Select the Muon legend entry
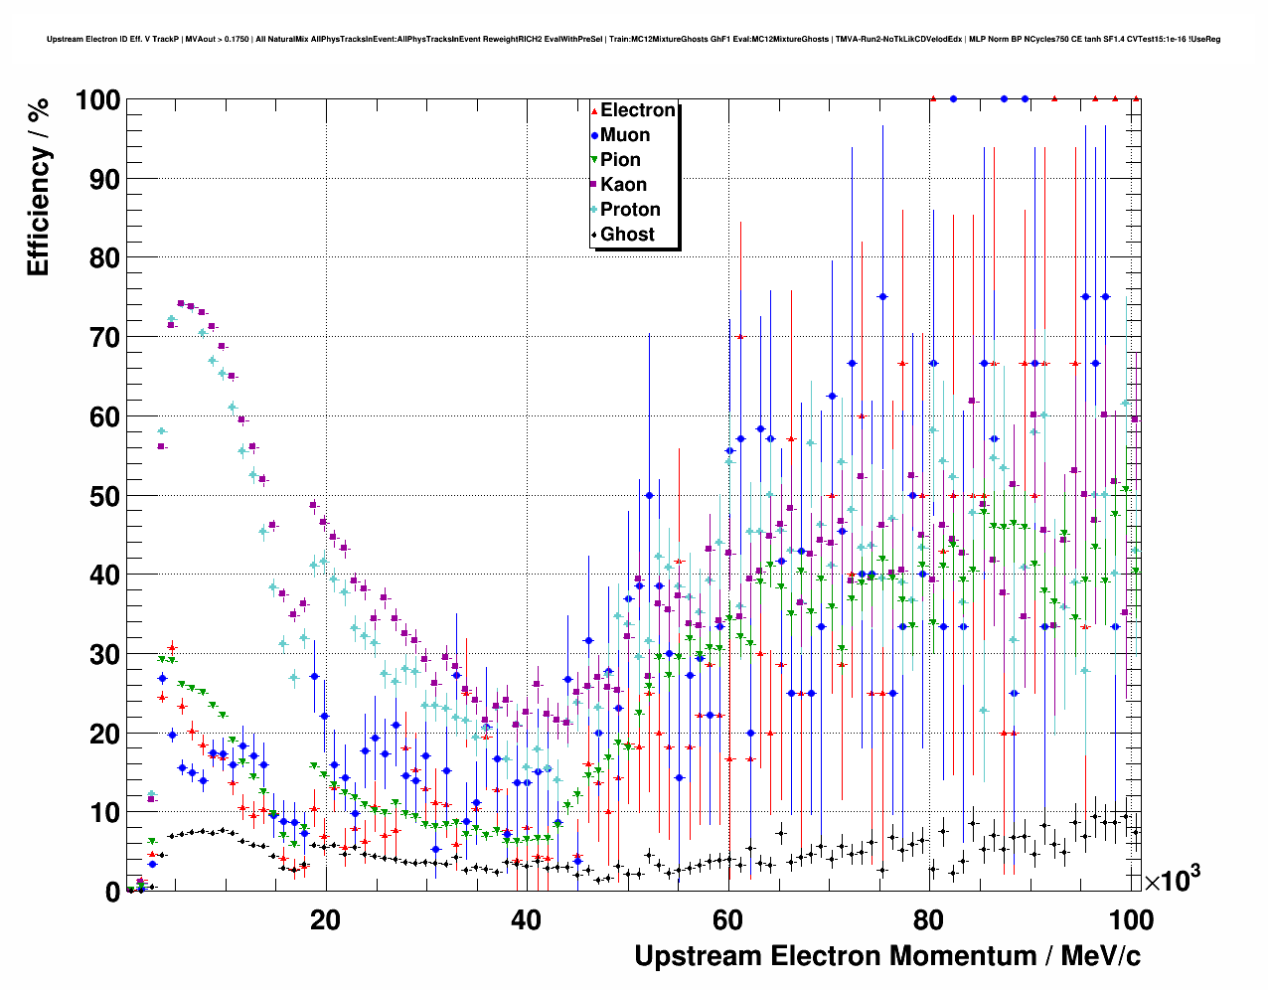click(625, 135)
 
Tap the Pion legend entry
click(620, 160)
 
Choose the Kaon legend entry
click(623, 185)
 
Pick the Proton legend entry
click(630, 210)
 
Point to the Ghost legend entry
click(627, 235)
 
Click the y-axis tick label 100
click(97, 100)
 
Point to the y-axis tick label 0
click(112, 893)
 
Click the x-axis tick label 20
click(325, 919)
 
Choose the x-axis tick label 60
click(728, 919)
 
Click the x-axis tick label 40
click(527, 919)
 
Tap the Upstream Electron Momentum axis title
click(887, 956)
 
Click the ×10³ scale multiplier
click(1172, 879)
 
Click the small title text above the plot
click(633, 40)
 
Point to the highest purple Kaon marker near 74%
click(181, 303)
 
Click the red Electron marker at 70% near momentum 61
click(739, 337)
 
